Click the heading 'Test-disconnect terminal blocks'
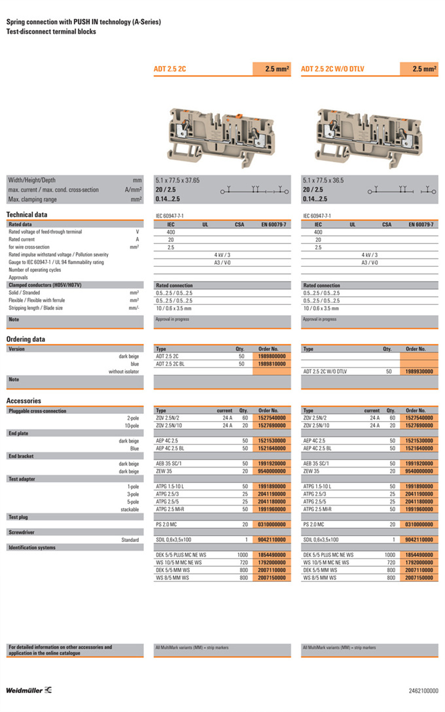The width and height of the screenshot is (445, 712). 51,31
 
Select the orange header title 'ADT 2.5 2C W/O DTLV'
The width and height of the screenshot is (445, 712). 336,69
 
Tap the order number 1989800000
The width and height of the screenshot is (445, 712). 272,356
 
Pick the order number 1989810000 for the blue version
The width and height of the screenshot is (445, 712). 272,364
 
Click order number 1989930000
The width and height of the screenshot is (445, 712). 419,371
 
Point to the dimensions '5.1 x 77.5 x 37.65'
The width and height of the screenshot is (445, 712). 177,180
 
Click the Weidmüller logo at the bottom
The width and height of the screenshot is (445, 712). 29,690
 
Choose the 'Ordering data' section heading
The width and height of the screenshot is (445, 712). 26,339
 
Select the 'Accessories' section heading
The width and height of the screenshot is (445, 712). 24,401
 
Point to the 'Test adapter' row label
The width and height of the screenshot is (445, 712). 23,479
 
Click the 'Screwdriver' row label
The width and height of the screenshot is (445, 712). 22,532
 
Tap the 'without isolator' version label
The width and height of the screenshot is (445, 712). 124,371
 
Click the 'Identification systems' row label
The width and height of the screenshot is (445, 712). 32,547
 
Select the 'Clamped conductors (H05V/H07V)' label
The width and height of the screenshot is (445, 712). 44,285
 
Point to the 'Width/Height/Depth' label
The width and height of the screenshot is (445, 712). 32,180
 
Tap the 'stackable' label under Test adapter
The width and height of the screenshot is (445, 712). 130,509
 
